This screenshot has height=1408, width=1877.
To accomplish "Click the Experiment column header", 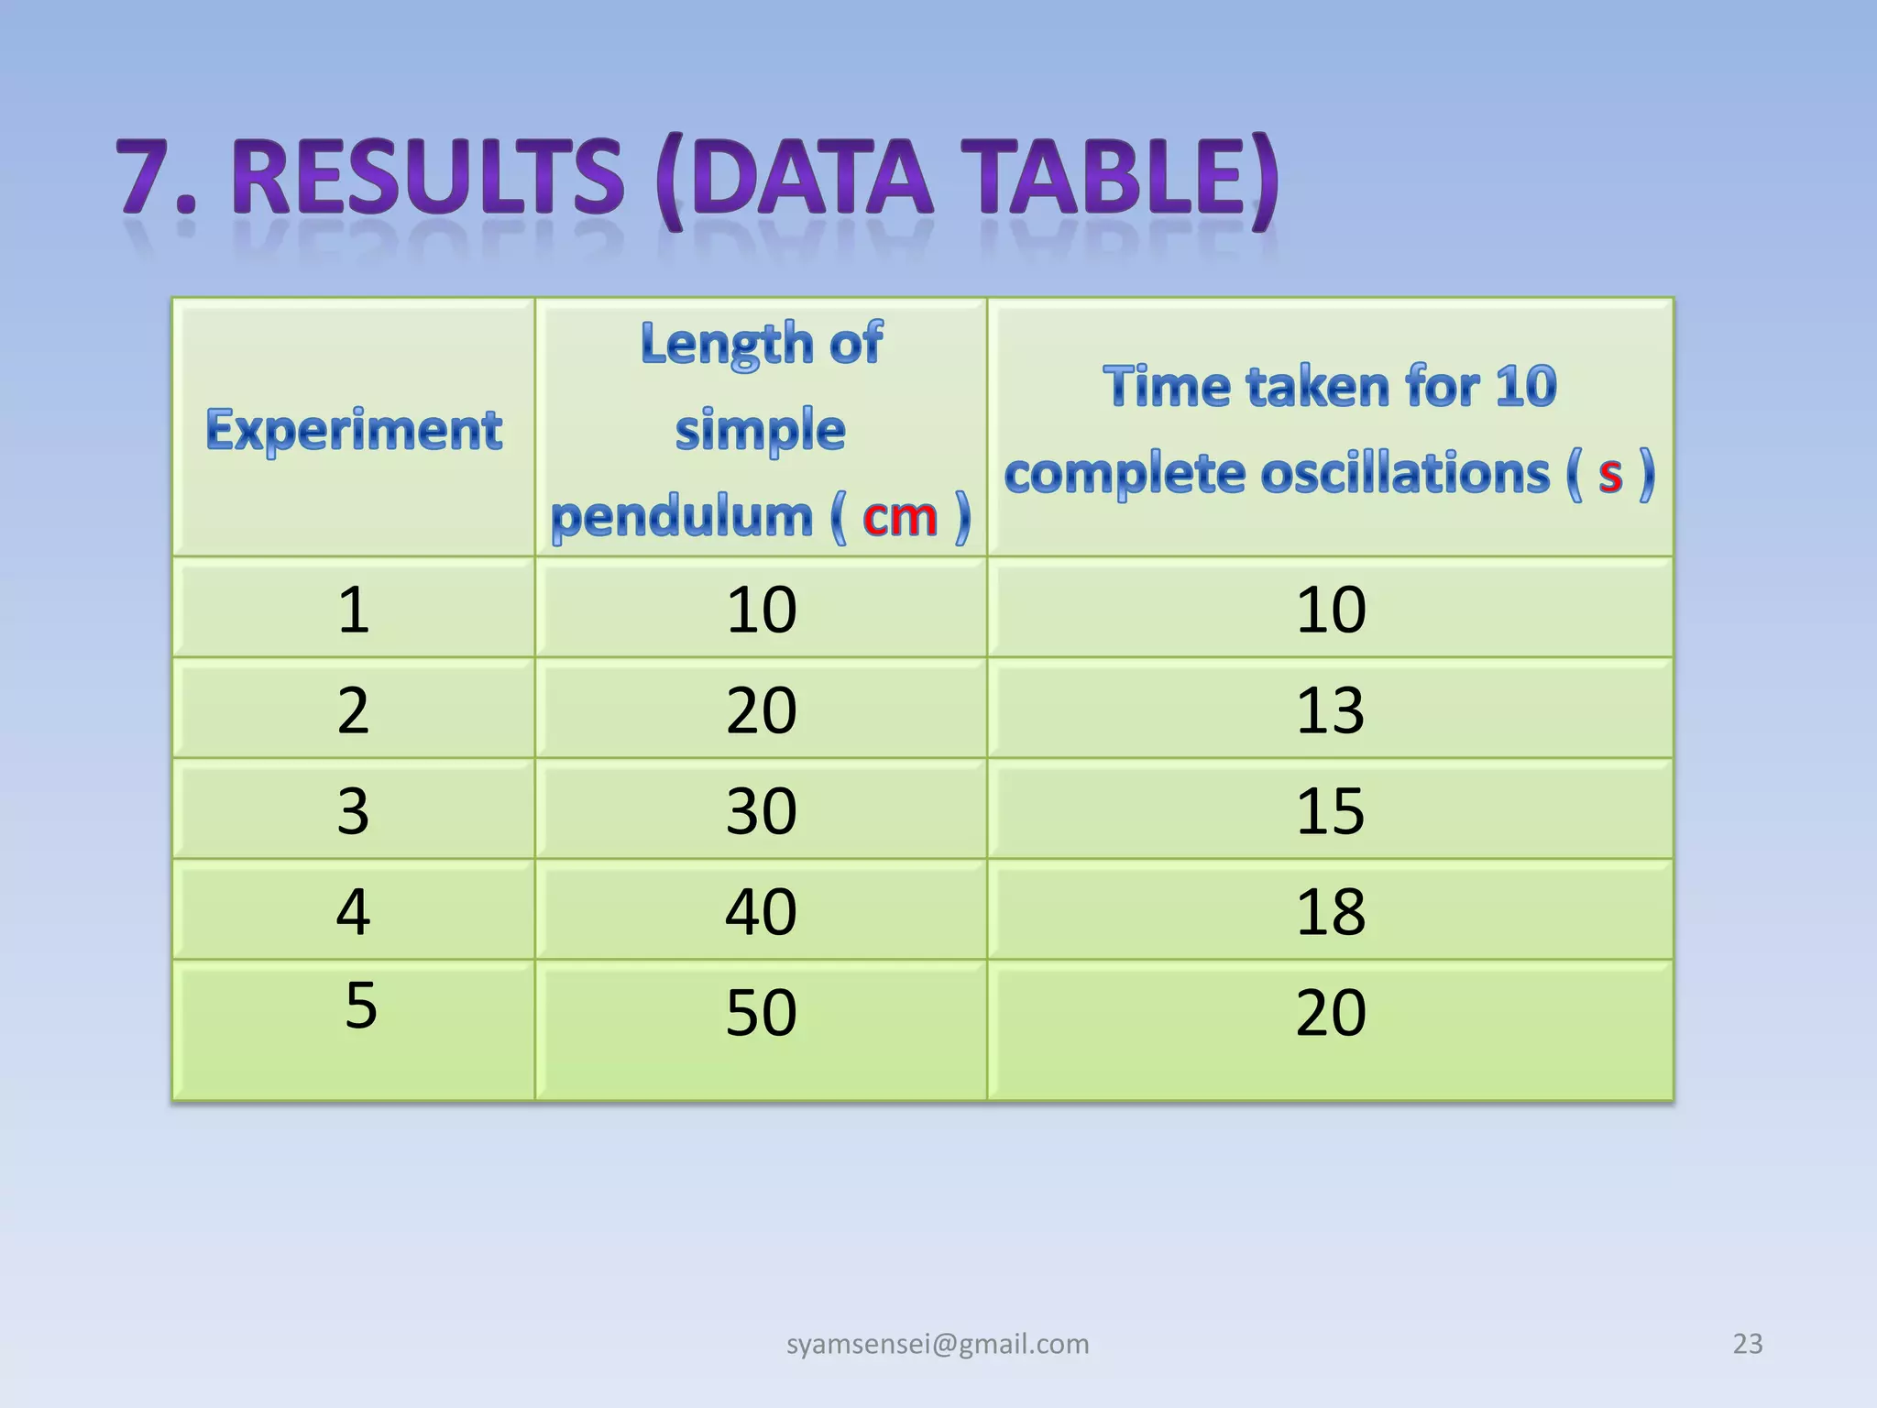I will (x=354, y=430).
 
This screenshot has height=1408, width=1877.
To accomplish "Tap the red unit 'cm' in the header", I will (x=900, y=517).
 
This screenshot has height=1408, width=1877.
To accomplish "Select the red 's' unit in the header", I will (x=1610, y=474).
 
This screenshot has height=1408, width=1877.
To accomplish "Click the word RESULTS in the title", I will (x=429, y=177).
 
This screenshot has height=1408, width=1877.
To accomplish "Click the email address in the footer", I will (x=938, y=1344).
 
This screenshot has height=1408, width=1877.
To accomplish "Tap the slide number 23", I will (x=1747, y=1344).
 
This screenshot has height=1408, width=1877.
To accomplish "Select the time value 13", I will (x=1330, y=709).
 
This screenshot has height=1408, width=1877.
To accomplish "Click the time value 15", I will (x=1330, y=810).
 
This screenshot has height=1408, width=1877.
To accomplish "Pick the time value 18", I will (x=1330, y=911).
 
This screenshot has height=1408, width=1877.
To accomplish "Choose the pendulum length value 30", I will (x=761, y=810).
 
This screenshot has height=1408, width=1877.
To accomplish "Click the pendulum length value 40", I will (x=761, y=911).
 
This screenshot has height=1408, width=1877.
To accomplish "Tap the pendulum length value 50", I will (x=761, y=1012).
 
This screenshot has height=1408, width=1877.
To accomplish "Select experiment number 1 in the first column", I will (x=354, y=609).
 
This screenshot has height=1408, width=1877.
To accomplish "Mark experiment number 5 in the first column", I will (x=361, y=1005).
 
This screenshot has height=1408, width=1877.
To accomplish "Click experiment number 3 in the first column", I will (x=354, y=810).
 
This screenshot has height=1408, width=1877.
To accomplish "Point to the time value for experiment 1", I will (x=1330, y=609).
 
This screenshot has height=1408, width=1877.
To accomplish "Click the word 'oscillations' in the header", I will (x=1405, y=474).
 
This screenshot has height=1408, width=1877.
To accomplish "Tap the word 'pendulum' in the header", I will (x=682, y=517).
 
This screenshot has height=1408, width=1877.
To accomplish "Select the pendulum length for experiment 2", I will (x=761, y=709).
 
